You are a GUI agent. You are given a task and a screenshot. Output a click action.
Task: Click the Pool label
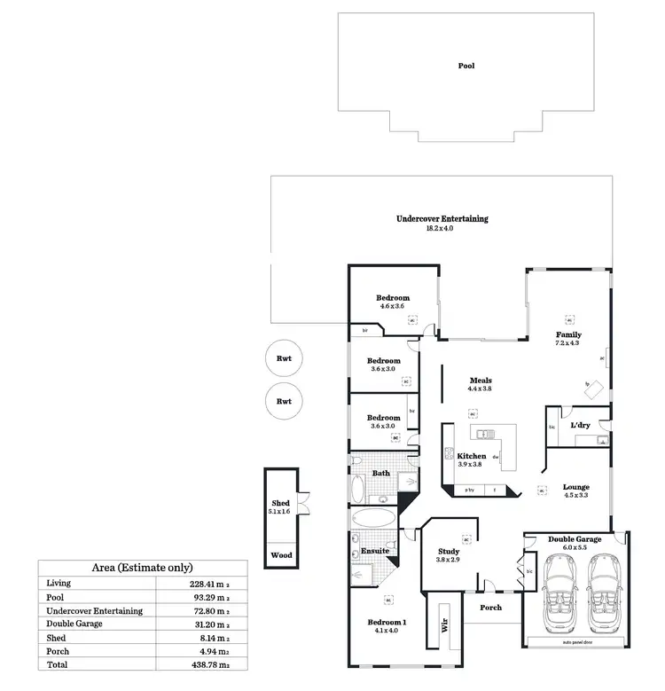click(465, 66)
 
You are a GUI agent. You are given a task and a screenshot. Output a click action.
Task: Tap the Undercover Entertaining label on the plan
click(442, 218)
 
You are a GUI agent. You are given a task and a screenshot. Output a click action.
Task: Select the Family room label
click(567, 334)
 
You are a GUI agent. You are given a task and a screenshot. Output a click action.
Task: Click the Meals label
click(480, 381)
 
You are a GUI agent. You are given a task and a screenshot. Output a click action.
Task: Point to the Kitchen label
click(471, 456)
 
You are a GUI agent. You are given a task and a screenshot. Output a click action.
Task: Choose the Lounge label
click(575, 487)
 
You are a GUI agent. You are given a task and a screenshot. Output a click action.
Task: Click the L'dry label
click(581, 426)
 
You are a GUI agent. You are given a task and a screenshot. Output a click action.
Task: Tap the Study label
click(449, 551)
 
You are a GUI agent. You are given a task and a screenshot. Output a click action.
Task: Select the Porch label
click(490, 608)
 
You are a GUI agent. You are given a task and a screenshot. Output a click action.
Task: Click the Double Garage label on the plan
click(575, 539)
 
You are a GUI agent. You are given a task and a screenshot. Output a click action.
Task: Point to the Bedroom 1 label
click(387, 623)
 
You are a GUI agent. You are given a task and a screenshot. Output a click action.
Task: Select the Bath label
click(380, 473)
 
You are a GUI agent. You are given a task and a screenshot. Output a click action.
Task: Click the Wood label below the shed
click(280, 555)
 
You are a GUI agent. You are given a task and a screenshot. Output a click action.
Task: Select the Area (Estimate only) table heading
click(143, 568)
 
